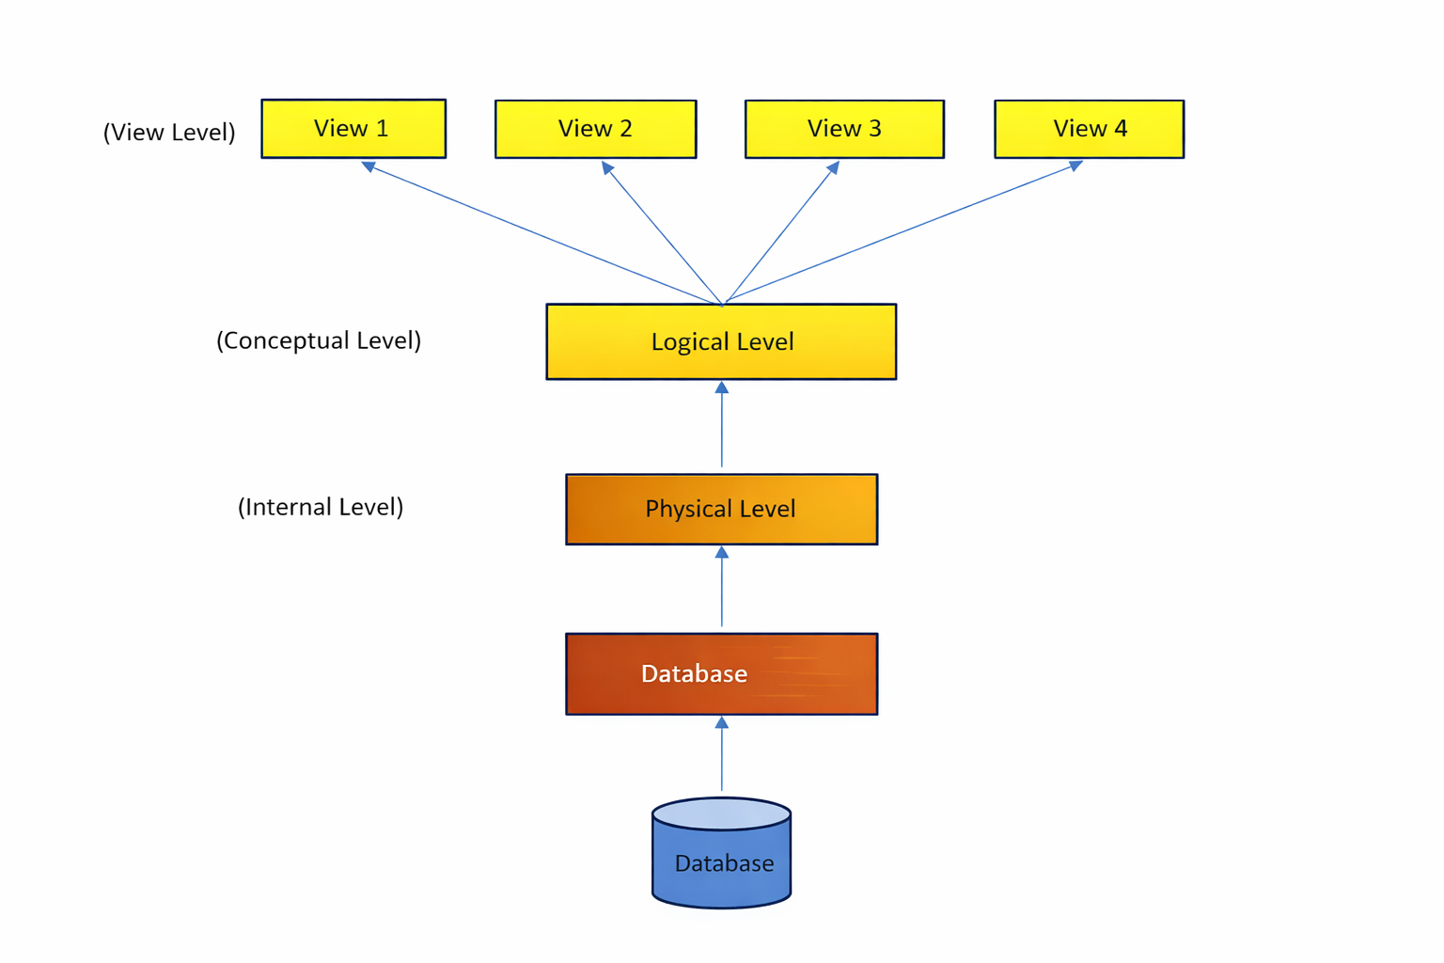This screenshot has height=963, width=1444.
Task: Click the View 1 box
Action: coord(353,129)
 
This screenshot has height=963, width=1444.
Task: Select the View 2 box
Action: coord(595,129)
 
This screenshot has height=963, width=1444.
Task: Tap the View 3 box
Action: coord(844,129)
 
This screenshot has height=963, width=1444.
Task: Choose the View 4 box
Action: coord(1089,129)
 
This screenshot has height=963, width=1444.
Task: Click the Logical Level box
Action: coord(721,341)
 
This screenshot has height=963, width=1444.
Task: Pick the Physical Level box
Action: coord(721,509)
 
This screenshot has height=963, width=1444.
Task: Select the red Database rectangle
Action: coord(721,673)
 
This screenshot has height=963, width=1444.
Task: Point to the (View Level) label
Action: coord(169,132)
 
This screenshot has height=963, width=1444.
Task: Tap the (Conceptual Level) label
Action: coord(319,340)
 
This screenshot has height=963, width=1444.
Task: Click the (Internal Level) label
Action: coord(321,507)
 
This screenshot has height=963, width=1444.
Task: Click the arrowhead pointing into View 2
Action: coord(608,168)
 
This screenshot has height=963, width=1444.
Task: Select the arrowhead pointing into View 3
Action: coord(833,168)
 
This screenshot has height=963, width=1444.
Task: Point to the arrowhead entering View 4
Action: coord(1075,166)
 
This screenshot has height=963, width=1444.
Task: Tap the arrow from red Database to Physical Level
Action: coord(721,588)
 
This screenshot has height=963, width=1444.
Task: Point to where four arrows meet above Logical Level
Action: coord(722,303)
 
